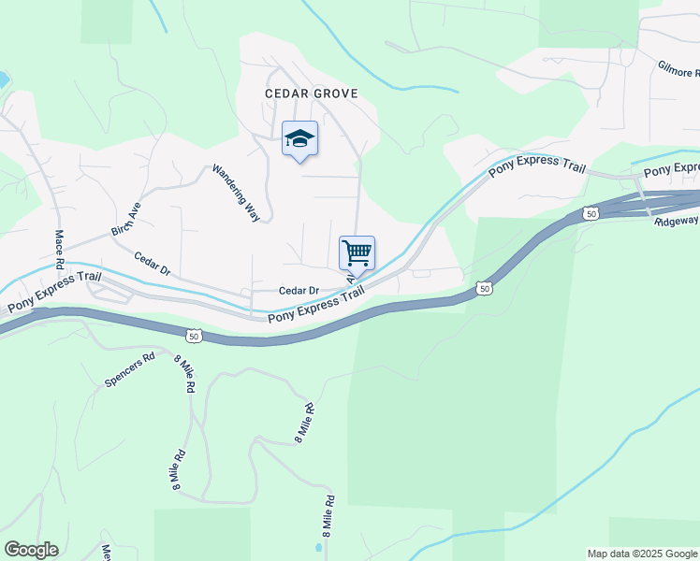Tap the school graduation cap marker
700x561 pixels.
pos(299,139)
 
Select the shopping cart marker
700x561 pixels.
pos(357,253)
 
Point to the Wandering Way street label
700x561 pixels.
pos(236,193)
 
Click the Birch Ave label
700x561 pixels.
pos(125,218)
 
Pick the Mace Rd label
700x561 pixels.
pos(59,250)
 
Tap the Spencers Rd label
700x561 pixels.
pos(129,370)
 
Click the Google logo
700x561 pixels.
pos(31,550)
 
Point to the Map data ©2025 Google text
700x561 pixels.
pos(642,554)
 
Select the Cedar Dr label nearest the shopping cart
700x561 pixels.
pos(300,291)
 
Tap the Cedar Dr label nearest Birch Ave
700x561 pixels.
pos(152,264)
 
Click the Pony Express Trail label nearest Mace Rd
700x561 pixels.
pos(52,294)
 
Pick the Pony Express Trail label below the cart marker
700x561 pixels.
pos(315,306)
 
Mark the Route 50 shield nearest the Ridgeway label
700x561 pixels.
pos(590,214)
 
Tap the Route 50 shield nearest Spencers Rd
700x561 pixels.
pos(193,335)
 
